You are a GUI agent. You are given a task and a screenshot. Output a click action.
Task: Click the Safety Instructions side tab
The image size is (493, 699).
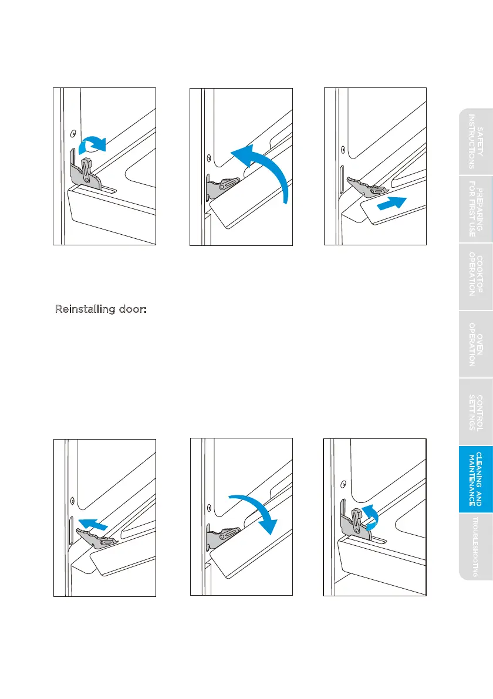pyautogui.click(x=475, y=142)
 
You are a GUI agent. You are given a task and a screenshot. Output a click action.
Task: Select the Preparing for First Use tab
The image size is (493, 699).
pyautogui.click(x=475, y=209)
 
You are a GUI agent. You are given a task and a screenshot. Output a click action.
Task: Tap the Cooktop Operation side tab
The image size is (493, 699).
pyautogui.click(x=475, y=276)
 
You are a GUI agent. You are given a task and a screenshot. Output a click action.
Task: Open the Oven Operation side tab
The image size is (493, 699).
pyautogui.click(x=475, y=344)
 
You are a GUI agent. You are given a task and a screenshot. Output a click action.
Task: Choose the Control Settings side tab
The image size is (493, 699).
pyautogui.click(x=475, y=412)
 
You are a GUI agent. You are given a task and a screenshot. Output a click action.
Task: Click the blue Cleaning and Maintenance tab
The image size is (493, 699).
pyautogui.click(x=475, y=479)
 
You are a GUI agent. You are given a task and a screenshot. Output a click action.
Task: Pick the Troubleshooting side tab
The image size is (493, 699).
pyautogui.click(x=475, y=546)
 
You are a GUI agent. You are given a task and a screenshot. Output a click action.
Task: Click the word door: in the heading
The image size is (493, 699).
pyautogui.click(x=133, y=309)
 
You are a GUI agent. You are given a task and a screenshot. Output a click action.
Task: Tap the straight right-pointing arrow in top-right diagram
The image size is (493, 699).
pyautogui.click(x=391, y=203)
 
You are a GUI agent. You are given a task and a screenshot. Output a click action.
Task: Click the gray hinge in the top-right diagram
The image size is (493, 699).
pyautogui.click(x=366, y=186)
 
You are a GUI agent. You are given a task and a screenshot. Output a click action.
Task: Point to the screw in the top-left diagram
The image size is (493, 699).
pyautogui.click(x=73, y=133)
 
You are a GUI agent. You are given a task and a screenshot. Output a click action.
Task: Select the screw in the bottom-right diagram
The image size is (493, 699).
pyautogui.click(x=343, y=484)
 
